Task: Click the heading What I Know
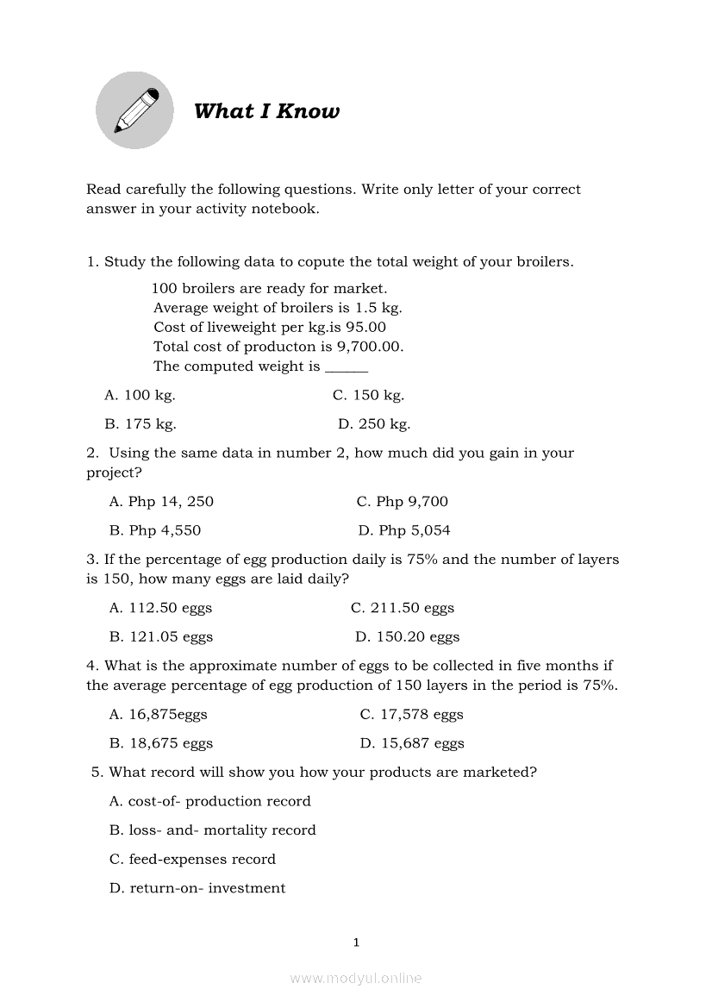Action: click(x=266, y=111)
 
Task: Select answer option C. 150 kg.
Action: click(x=368, y=395)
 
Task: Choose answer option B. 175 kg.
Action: click(x=141, y=424)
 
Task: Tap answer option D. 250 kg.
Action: click(x=374, y=424)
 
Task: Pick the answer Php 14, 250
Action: click(x=161, y=502)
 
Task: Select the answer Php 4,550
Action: click(x=155, y=530)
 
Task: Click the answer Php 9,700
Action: click(x=403, y=502)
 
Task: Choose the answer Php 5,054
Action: click(x=404, y=530)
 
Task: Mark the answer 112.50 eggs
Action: click(x=160, y=608)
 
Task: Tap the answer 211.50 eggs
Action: click(x=403, y=608)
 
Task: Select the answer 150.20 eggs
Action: click(x=408, y=637)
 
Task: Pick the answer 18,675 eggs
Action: click(x=161, y=743)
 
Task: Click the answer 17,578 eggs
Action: click(x=412, y=715)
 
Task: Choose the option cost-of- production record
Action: click(x=210, y=801)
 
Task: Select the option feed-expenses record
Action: click(x=193, y=860)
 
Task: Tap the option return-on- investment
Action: click(x=197, y=888)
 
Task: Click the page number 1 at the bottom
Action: click(x=356, y=942)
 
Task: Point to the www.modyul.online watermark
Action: click(x=356, y=979)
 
